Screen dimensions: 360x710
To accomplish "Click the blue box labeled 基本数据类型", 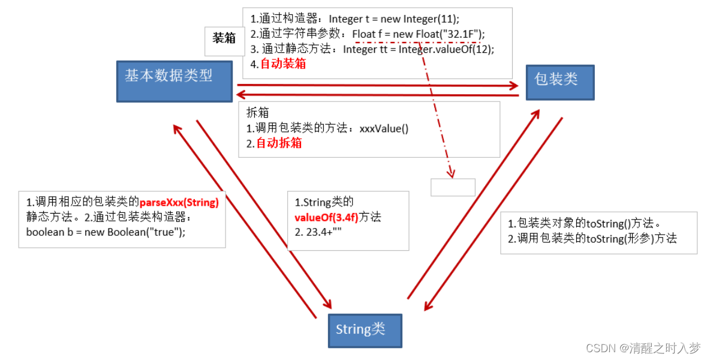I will tap(174, 82).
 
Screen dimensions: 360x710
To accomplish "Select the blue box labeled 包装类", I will tap(560, 82).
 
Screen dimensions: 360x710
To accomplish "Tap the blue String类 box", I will tap(365, 329).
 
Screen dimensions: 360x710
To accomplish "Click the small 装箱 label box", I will tap(224, 39).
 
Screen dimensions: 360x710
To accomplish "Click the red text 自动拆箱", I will tap(279, 143).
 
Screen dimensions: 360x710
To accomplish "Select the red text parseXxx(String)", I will tap(179, 202).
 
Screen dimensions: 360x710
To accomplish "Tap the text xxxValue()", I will tap(384, 128).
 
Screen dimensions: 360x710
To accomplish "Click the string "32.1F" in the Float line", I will tap(461, 34).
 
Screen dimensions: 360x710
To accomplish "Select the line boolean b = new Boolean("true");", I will tap(106, 232).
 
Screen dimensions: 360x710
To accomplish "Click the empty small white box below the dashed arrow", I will tap(453, 187).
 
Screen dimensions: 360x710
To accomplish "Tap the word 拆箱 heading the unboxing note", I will tap(258, 113).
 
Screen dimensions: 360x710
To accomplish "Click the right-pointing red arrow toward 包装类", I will tap(378, 85).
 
